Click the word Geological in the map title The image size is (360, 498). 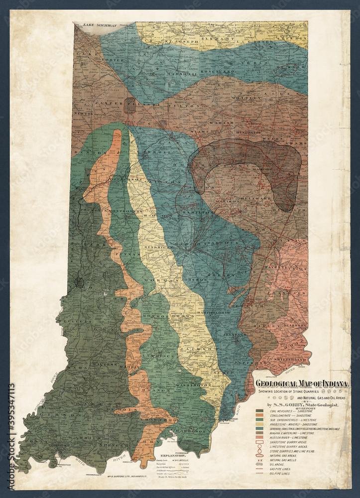tap(276, 384)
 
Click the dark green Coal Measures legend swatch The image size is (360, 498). tap(259, 412)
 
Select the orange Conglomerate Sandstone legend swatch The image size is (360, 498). tap(259, 417)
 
